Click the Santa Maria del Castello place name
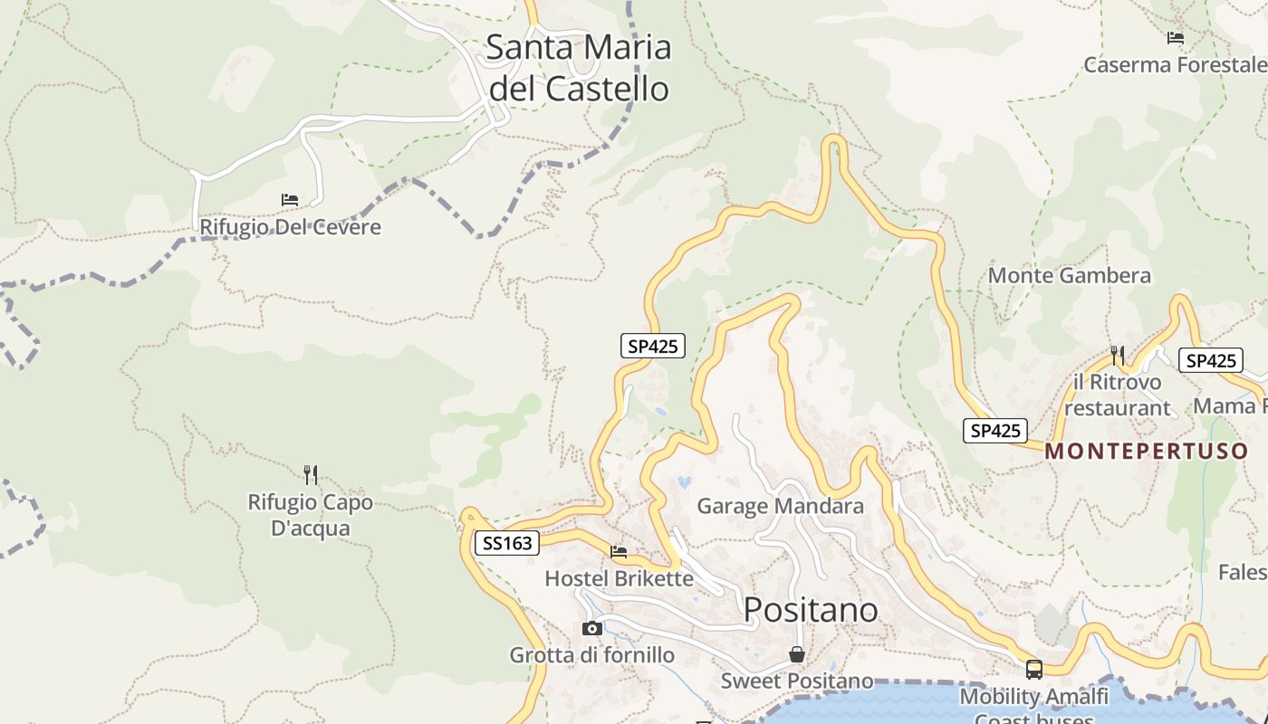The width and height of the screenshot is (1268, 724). pos(578,68)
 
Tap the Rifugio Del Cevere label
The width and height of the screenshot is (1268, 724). pos(290,226)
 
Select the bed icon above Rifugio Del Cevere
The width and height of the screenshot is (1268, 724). pos(290,199)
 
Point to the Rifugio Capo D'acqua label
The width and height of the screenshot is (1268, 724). pos(311,515)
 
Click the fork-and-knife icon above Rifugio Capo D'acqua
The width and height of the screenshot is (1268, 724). pos(311,474)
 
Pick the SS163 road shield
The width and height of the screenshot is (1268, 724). pos(507,543)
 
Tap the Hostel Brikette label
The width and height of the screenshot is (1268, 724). pos(619,578)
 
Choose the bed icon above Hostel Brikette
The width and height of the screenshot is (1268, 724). pos(619,551)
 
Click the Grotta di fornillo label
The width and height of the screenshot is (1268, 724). pos(591,654)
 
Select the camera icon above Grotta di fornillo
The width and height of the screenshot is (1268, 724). pos(591,628)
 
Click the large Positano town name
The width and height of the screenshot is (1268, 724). pos(811,610)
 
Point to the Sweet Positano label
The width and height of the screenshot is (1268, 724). pos(797,681)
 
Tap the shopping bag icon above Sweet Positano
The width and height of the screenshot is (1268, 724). pos(797,654)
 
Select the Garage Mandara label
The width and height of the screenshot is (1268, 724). pos(780,506)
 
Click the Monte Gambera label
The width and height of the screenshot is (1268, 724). pos(1070,275)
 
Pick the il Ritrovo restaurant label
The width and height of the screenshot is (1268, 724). pos(1117,395)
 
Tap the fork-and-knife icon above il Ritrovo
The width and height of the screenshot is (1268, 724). pos(1118,355)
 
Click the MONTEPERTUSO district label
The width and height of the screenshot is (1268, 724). pos(1147,452)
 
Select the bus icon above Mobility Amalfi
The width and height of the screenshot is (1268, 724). pos(1033,670)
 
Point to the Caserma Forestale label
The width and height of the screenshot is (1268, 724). pos(1175,65)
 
